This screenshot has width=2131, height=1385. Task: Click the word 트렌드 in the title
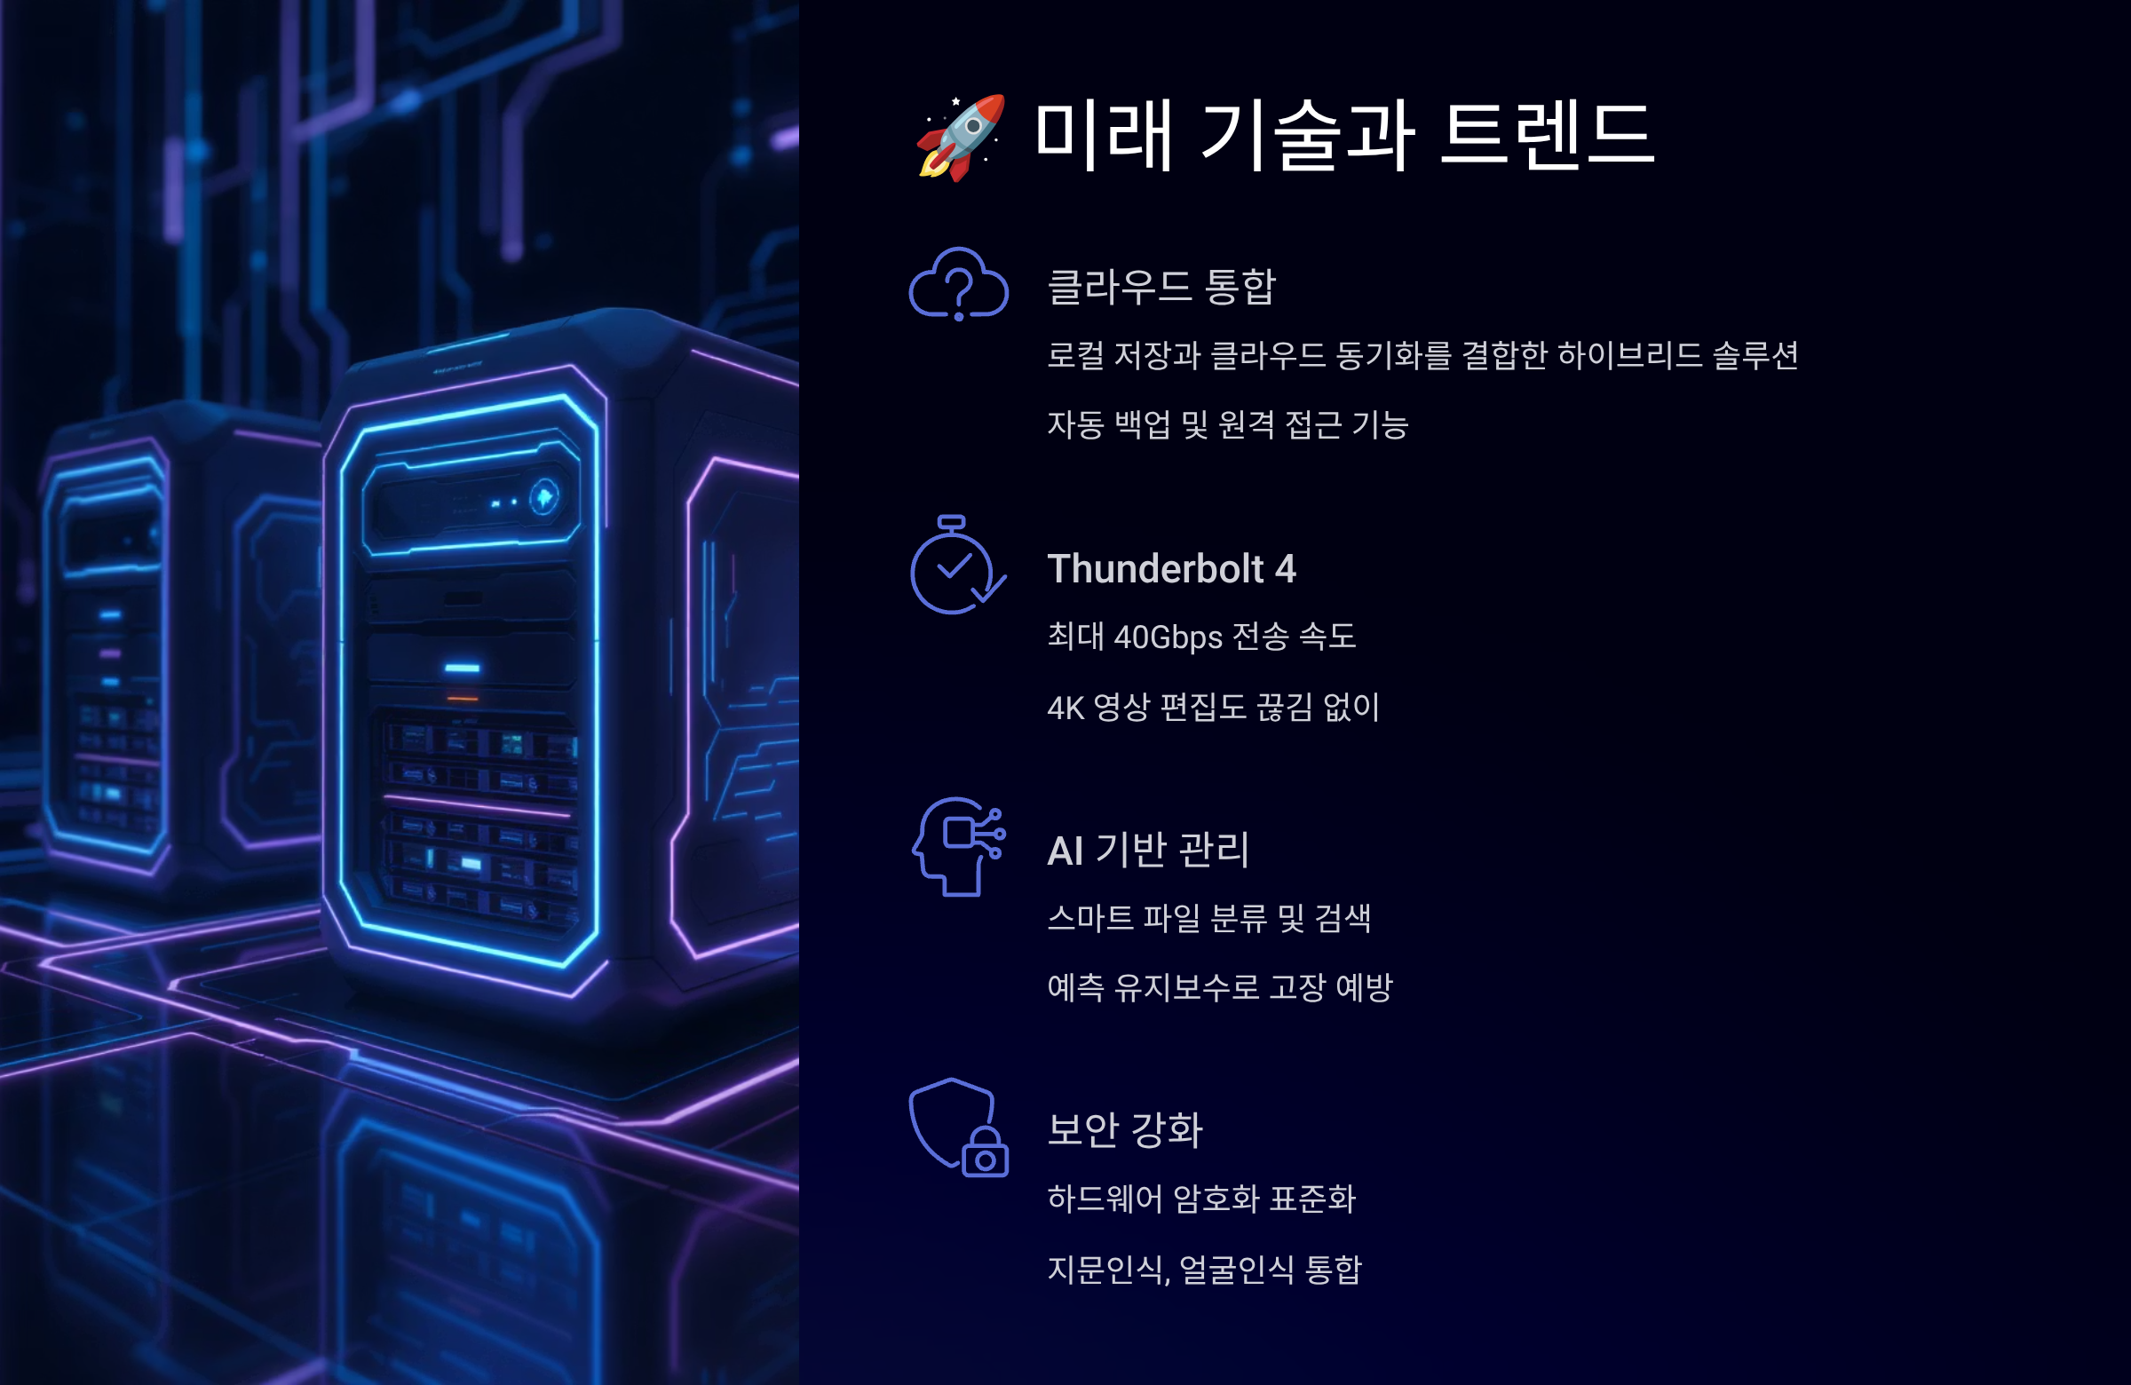point(1548,135)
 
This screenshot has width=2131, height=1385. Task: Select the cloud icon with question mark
point(958,285)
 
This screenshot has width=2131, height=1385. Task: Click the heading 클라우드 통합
point(1161,287)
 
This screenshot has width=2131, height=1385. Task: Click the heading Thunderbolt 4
point(1171,569)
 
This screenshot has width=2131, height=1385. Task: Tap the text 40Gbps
point(1168,637)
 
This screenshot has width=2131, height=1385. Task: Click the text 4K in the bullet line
point(1065,708)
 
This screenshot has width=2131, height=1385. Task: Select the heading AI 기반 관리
point(1148,851)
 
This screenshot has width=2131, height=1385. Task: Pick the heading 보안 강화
point(1125,1130)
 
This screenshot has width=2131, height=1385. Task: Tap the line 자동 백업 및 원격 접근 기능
point(1228,425)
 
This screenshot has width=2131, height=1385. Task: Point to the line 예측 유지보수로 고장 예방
point(1219,987)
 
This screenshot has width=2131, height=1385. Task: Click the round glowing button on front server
point(543,497)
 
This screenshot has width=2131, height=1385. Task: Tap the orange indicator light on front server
point(462,699)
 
